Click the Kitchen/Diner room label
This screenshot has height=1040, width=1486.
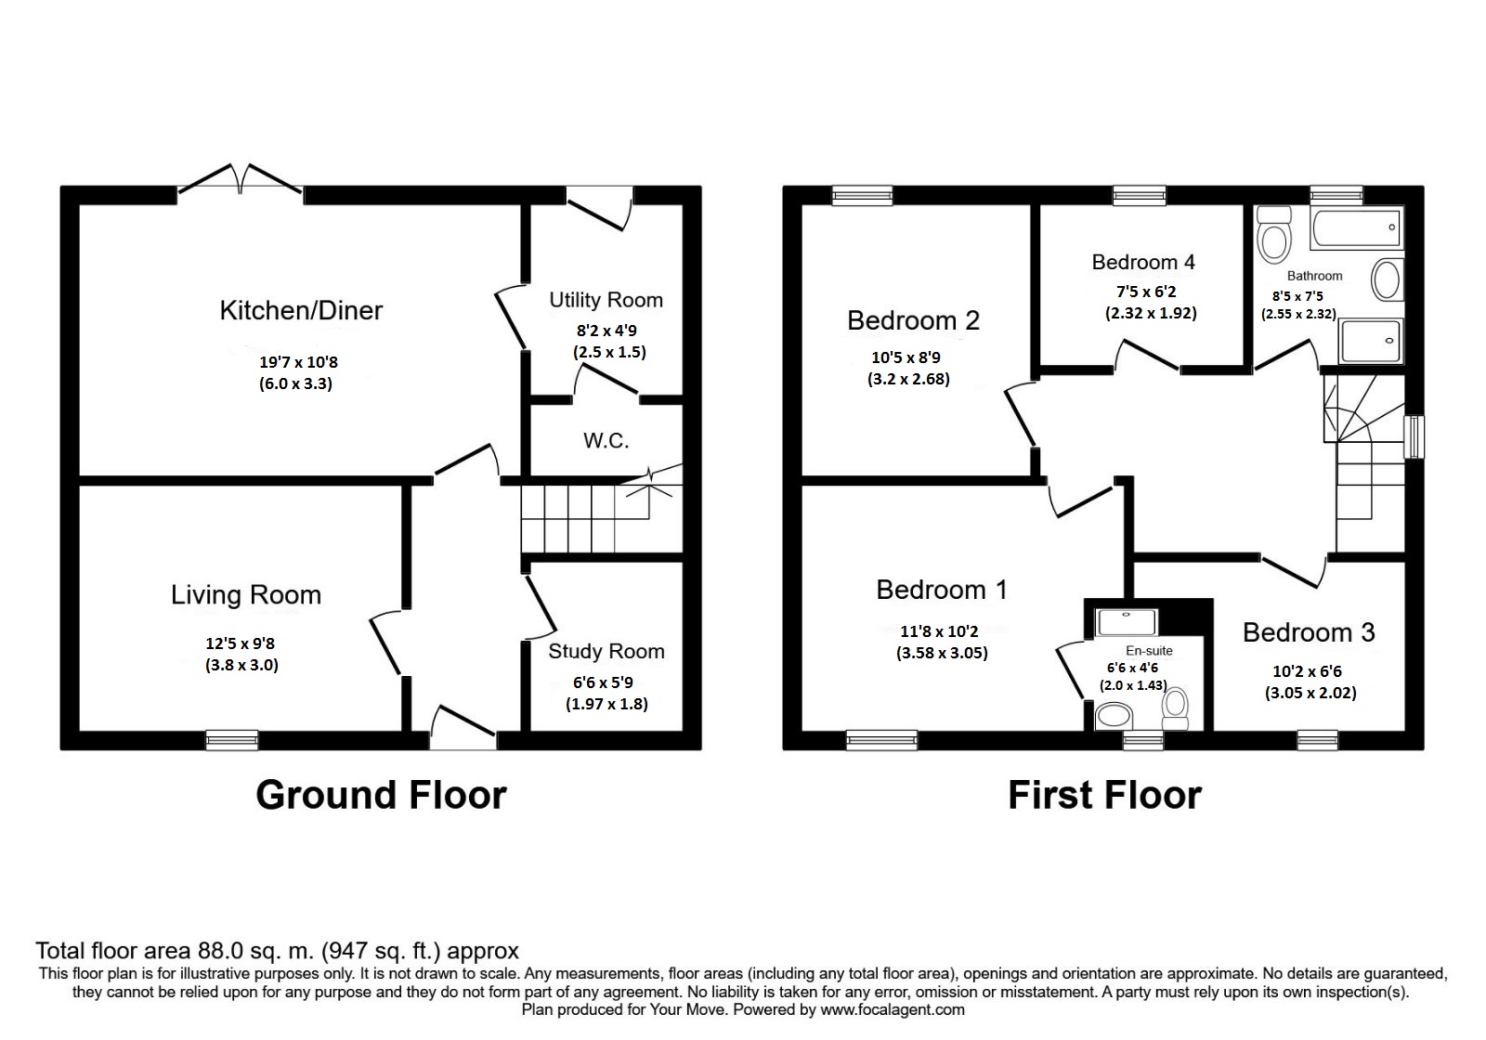[x=301, y=310]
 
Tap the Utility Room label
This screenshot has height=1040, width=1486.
[x=606, y=300]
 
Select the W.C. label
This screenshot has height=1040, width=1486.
[x=606, y=440]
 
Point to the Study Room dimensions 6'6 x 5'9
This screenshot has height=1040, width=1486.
[x=606, y=682]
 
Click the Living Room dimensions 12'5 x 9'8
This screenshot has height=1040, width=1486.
[x=241, y=643]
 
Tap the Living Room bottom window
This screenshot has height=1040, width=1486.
[x=232, y=740]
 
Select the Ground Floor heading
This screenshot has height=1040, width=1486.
[x=381, y=796]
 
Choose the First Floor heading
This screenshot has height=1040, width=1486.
[x=1104, y=796]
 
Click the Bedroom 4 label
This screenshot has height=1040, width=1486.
[x=1143, y=262]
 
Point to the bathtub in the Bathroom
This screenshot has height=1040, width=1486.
[x=1356, y=228]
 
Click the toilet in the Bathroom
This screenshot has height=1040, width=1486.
[x=1273, y=234]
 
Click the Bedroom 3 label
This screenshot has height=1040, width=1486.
[x=1309, y=632]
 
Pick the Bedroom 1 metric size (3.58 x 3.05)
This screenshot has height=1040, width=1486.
[x=942, y=653]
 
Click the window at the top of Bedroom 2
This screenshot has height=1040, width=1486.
[x=861, y=194]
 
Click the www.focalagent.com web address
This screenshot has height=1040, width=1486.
[x=892, y=1009]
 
